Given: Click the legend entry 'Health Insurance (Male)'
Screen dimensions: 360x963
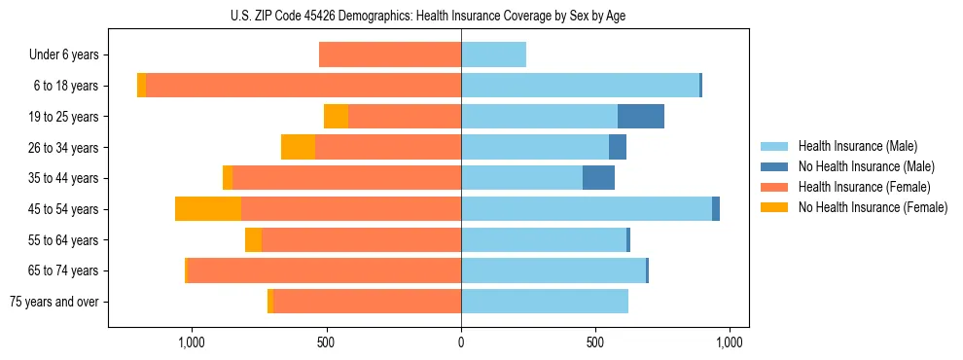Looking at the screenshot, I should click(857, 146).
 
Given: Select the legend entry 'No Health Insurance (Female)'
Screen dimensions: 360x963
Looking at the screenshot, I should click(873, 207).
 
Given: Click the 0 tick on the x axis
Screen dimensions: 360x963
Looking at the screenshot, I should click(461, 342).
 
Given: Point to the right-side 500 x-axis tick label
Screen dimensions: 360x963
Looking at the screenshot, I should click(595, 342).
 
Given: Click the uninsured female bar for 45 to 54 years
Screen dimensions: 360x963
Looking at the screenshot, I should click(208, 209).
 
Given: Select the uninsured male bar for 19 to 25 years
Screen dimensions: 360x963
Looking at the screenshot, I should click(641, 117).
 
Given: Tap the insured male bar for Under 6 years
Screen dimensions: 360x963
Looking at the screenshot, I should click(493, 55).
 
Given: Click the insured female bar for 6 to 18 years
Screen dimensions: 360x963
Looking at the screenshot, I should click(303, 86).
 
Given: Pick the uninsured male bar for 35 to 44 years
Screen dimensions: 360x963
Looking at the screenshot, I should click(598, 178).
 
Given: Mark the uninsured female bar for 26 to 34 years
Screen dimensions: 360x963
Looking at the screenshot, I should click(298, 147).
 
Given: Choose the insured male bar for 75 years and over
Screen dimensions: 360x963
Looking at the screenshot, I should click(545, 302).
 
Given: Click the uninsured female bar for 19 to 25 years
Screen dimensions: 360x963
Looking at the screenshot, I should click(336, 117).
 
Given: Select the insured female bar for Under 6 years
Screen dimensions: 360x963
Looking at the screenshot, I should click(390, 55).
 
